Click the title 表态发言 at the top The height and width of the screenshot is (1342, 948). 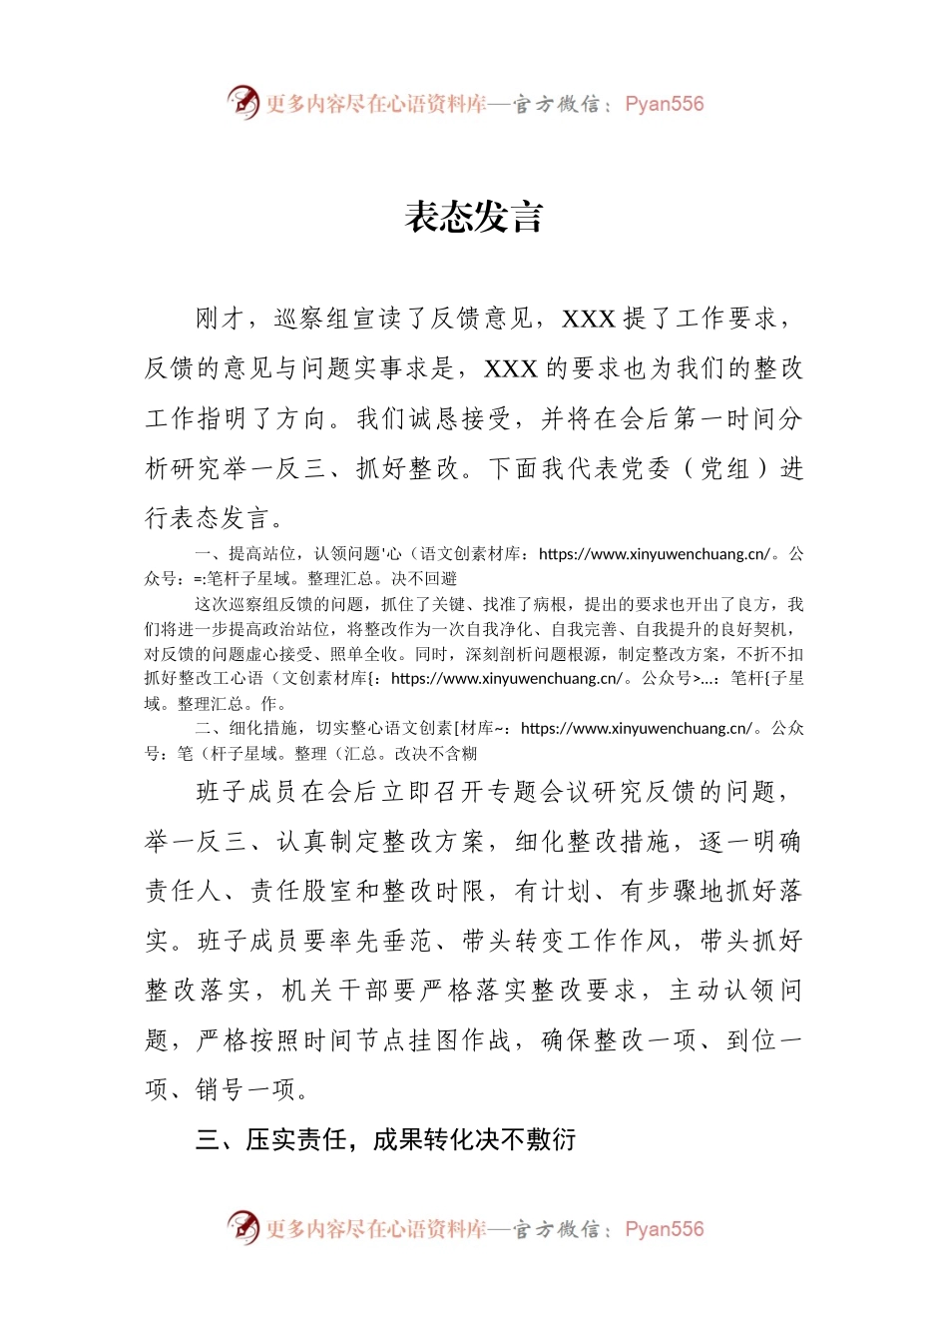point(473,218)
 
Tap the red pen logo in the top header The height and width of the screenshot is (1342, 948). point(242,102)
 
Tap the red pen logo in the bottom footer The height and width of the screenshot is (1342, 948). point(242,1227)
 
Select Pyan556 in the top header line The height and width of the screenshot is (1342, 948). point(664,104)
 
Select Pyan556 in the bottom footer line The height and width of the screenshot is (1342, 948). point(664,1229)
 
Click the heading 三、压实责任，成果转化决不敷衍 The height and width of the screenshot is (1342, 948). point(385,1139)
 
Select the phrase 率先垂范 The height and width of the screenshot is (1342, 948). point(381,941)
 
